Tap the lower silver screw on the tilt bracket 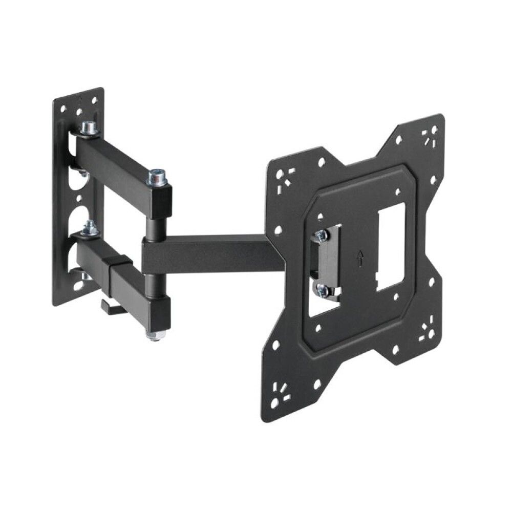[322, 290]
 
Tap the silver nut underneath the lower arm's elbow [154, 336]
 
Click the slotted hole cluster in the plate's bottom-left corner [281, 392]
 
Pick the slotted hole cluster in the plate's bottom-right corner [426, 333]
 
